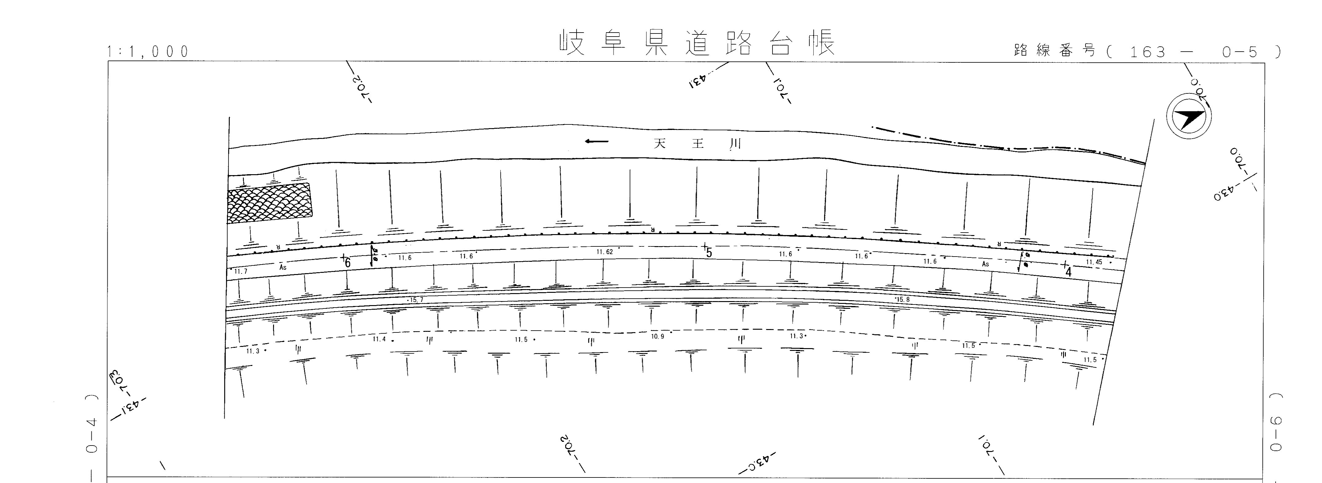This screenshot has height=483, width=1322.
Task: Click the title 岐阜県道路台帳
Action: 697,43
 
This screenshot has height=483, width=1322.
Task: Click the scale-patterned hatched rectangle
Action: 269,204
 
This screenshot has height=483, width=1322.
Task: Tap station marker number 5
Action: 709,253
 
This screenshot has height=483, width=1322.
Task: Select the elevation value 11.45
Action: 1094,262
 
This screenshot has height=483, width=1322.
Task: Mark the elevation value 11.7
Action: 241,271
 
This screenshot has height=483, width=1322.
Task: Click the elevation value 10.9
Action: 657,336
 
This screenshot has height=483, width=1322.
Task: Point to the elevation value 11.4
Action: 379,339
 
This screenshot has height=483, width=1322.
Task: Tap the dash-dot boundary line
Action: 1006,148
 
